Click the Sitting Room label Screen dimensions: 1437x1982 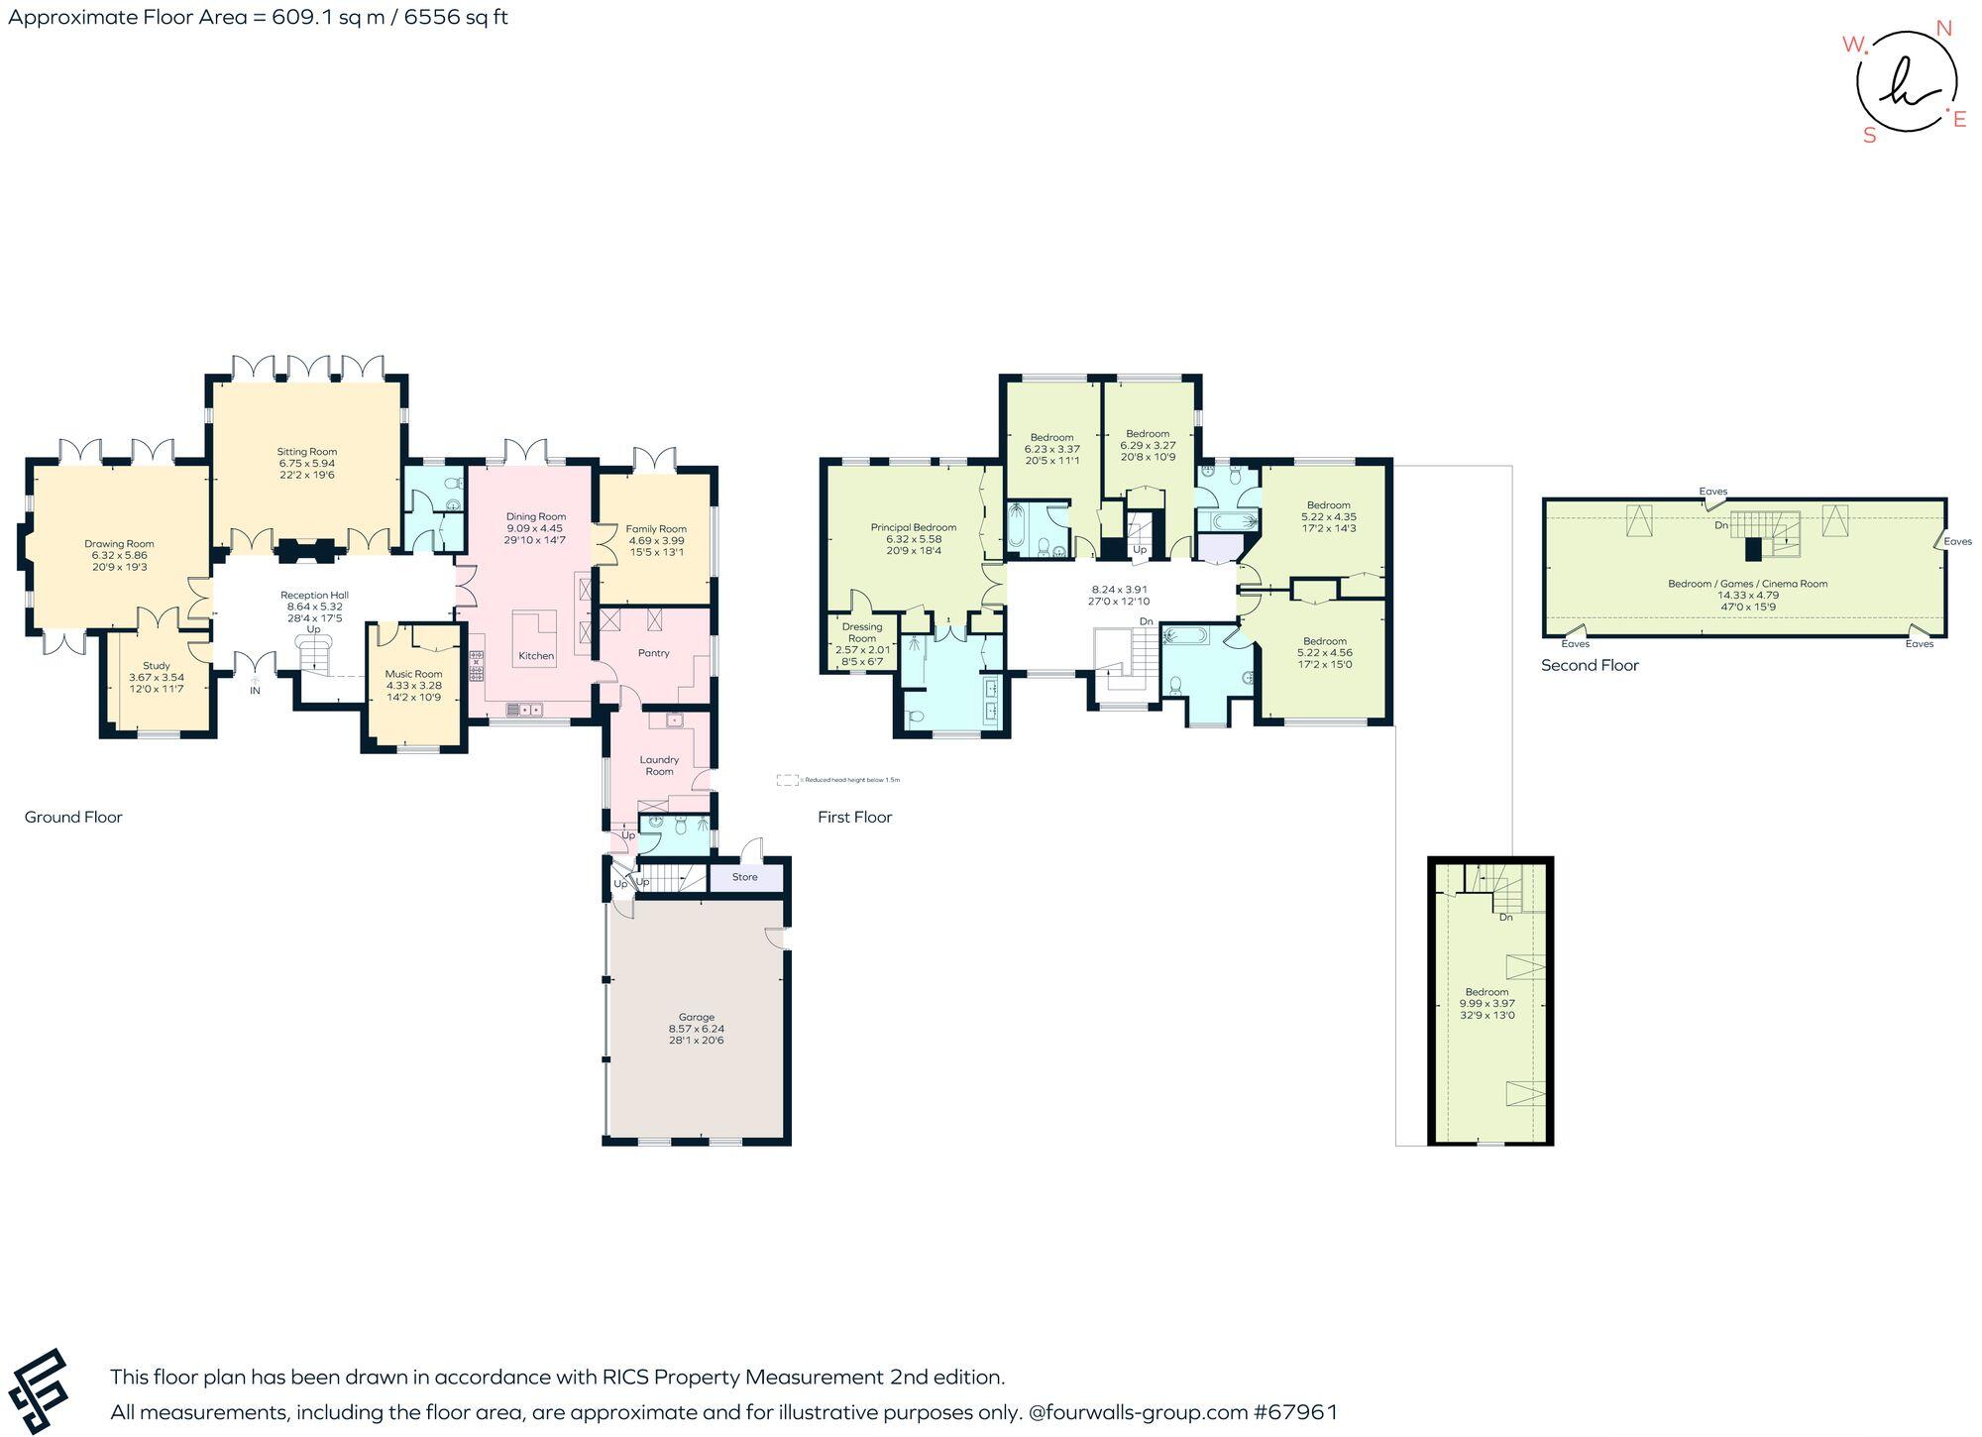click(x=306, y=452)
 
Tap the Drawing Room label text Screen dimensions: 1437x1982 click(x=119, y=544)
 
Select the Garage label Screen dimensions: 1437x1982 click(x=696, y=1018)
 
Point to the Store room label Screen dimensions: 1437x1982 click(x=744, y=877)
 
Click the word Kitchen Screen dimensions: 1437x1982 click(x=536, y=656)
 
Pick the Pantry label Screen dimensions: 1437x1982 click(x=654, y=653)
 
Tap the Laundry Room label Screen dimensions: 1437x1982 click(x=659, y=765)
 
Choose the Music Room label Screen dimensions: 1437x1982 click(x=413, y=674)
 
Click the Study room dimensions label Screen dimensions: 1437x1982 click(x=157, y=683)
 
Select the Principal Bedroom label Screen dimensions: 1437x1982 click(x=913, y=528)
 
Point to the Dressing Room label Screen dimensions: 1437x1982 click(x=862, y=632)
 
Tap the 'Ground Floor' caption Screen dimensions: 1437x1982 click(x=73, y=817)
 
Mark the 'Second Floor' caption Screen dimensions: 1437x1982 click(x=1590, y=665)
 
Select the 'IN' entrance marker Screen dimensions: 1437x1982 click(x=255, y=691)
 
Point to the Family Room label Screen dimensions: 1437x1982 click(x=656, y=529)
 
